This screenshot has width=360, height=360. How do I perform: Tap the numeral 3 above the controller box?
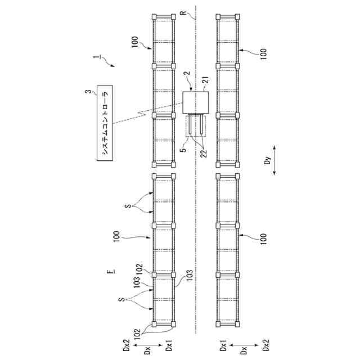pyautogui.click(x=87, y=91)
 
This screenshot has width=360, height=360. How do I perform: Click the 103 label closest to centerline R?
pyautogui.click(x=190, y=275)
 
